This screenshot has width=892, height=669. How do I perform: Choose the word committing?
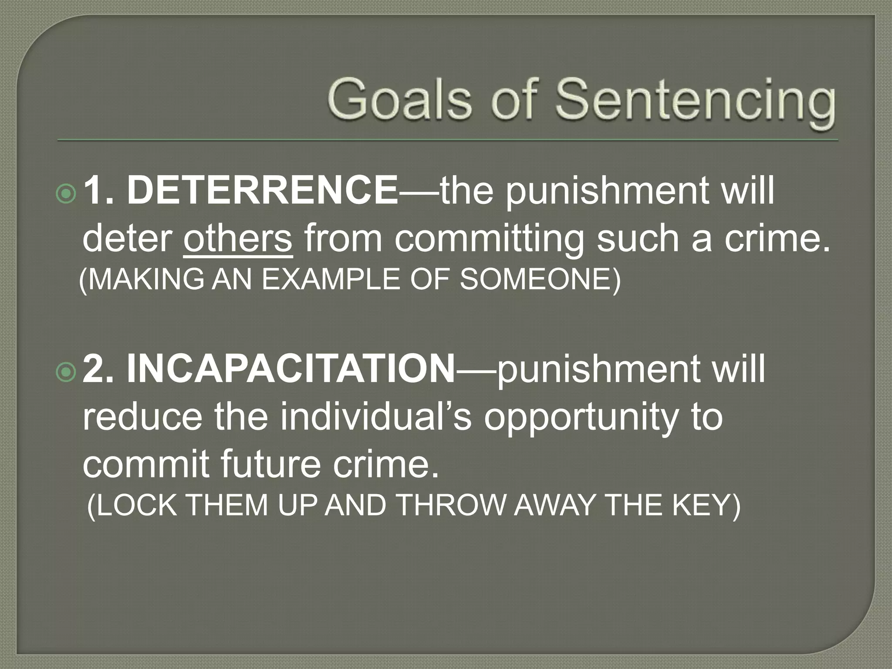[x=489, y=239]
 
